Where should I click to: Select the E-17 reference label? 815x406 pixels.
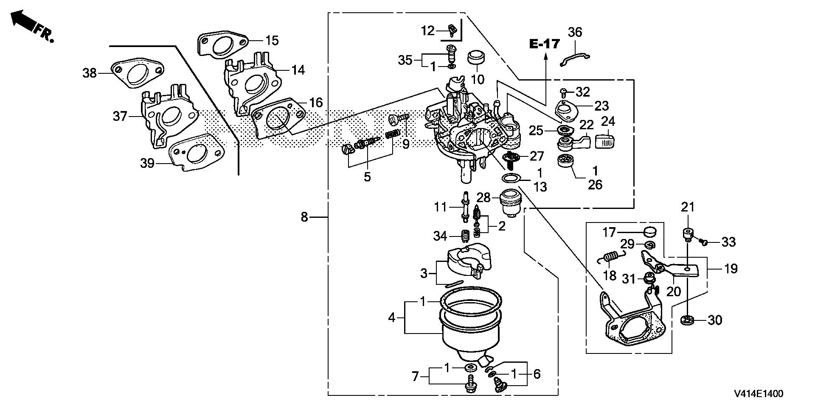click(545, 44)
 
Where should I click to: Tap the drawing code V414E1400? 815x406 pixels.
click(759, 394)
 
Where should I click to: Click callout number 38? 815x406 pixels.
click(90, 73)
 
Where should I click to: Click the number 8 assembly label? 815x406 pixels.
click(304, 217)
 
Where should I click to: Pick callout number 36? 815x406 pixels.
click(575, 32)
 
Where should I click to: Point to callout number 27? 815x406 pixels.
click(537, 156)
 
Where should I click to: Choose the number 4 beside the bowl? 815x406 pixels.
click(392, 317)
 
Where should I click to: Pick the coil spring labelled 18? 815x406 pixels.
click(613, 258)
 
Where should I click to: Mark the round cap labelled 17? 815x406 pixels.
click(649, 232)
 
